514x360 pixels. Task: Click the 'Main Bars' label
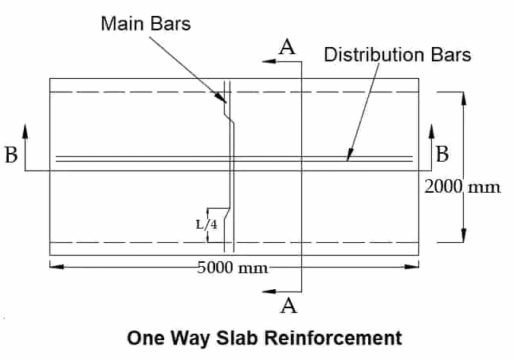coord(146,23)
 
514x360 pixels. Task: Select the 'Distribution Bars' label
coord(397,55)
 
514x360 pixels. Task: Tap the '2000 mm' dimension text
coord(462,187)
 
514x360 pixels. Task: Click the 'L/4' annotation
coord(206,225)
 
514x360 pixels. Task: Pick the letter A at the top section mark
coord(288,48)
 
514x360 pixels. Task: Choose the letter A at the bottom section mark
coord(288,305)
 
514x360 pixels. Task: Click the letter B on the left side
coord(11,155)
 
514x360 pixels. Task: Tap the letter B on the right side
coord(444,153)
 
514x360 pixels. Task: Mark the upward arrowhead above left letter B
coord(26,129)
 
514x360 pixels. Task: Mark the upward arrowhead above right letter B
coord(430,129)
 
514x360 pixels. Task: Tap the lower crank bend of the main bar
coord(227,216)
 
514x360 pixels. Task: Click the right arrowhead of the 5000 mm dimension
coord(415,266)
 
